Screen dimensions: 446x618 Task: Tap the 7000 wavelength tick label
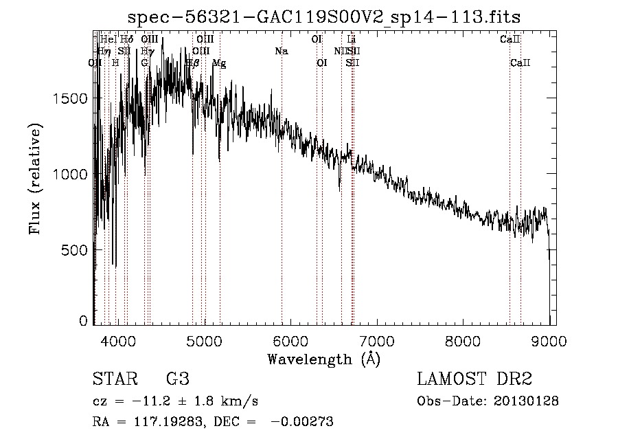point(376,341)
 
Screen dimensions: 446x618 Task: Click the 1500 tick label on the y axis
point(70,98)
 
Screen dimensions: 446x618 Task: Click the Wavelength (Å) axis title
point(323,359)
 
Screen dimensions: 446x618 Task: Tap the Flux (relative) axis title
point(35,178)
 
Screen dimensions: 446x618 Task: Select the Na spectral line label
point(281,51)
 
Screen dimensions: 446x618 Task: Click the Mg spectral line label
point(219,63)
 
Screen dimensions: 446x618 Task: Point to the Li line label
point(352,40)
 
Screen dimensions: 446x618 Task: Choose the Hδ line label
point(127,40)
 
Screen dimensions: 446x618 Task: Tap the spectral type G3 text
point(177,379)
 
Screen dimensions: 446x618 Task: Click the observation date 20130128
point(527,401)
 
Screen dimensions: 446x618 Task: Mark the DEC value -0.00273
point(302,422)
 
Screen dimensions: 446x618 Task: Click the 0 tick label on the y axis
point(83,320)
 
